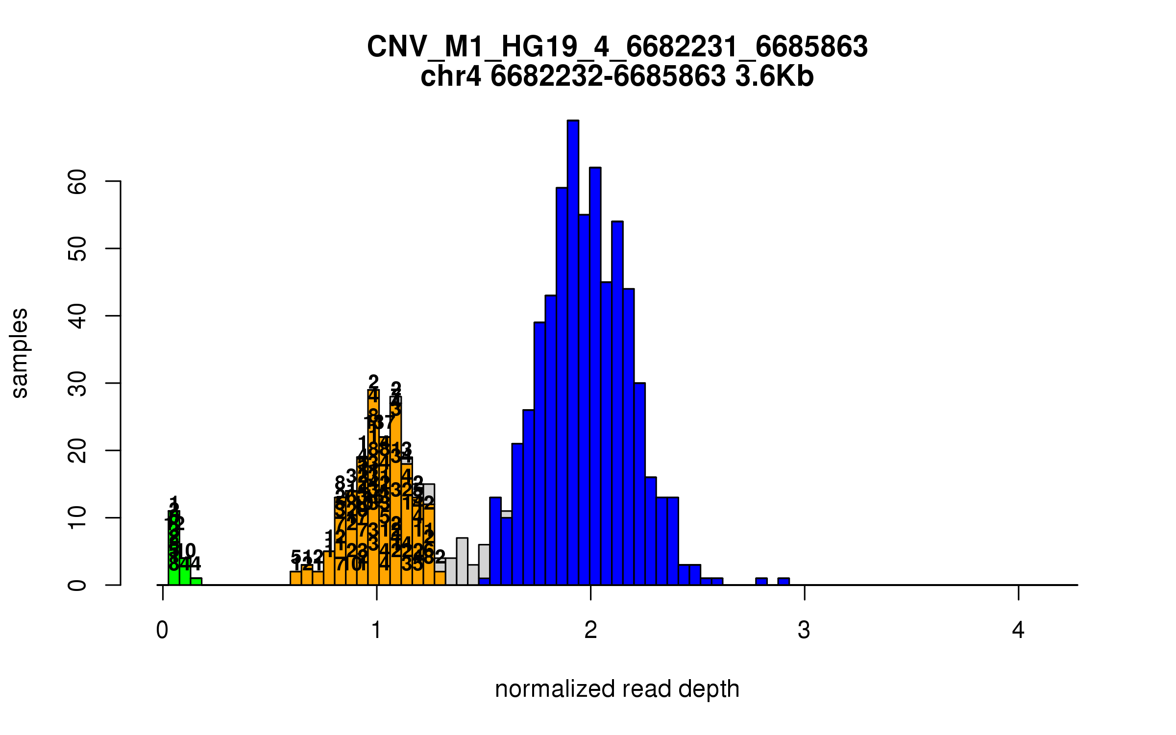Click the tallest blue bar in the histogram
(x=573, y=353)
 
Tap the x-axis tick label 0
(x=162, y=630)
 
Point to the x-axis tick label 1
(x=376, y=630)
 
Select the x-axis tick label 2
(x=590, y=630)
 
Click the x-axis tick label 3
(x=804, y=630)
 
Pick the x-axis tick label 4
(x=1018, y=630)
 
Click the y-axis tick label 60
(x=77, y=182)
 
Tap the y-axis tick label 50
(x=77, y=249)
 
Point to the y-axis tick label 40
(x=77, y=316)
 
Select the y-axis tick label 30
(x=77, y=383)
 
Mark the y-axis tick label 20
(x=77, y=450)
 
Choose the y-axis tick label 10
(x=77, y=518)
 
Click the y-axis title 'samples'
(x=20, y=353)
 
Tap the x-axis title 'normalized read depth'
(x=617, y=689)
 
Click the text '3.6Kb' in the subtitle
(x=774, y=76)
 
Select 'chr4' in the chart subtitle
(x=451, y=76)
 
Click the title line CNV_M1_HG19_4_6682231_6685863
(x=617, y=47)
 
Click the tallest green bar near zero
(x=173, y=549)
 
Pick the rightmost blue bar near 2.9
(x=784, y=582)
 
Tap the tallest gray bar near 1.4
(x=462, y=562)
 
